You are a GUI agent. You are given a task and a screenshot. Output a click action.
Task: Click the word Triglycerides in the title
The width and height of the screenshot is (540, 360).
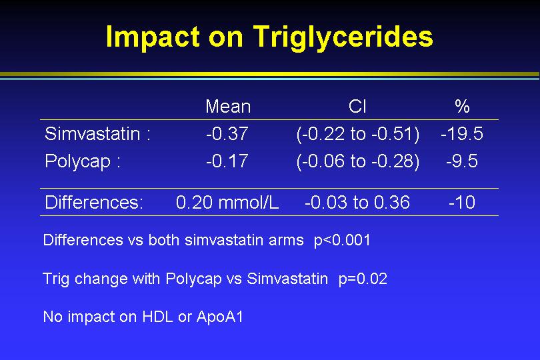[343, 37]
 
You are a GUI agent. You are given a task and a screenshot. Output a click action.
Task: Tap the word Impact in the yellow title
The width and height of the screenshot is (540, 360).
[153, 37]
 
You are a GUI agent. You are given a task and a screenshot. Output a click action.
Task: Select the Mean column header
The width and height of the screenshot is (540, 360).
[228, 106]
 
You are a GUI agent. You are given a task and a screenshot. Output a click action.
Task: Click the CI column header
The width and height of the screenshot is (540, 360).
[357, 106]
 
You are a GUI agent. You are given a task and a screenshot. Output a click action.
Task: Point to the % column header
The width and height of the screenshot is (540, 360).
[462, 106]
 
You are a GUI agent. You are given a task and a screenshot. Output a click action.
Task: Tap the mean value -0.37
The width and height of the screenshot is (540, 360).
[227, 133]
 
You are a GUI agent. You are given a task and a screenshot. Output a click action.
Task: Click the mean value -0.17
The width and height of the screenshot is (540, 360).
[227, 161]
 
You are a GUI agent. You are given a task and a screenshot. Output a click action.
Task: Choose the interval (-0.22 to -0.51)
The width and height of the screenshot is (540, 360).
[358, 134]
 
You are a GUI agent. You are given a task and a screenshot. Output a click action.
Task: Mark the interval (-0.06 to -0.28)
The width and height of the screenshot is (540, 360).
[358, 161]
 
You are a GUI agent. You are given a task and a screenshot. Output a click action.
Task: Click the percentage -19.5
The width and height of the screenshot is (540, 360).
[462, 133]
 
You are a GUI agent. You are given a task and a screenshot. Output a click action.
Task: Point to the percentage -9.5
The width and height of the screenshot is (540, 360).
[462, 161]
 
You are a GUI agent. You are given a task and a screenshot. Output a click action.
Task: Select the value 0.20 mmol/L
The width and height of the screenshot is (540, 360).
[227, 202]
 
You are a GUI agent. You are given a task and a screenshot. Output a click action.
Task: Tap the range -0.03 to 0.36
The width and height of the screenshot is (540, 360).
[357, 202]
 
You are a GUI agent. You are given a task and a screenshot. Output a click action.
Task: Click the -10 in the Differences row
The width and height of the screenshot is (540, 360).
[462, 202]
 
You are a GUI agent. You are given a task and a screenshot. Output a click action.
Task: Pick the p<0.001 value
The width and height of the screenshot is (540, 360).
[342, 241]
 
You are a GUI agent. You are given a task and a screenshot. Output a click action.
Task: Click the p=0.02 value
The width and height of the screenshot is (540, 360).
[363, 279]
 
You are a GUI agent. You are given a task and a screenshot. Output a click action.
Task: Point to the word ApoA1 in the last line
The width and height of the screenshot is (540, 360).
[220, 317]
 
